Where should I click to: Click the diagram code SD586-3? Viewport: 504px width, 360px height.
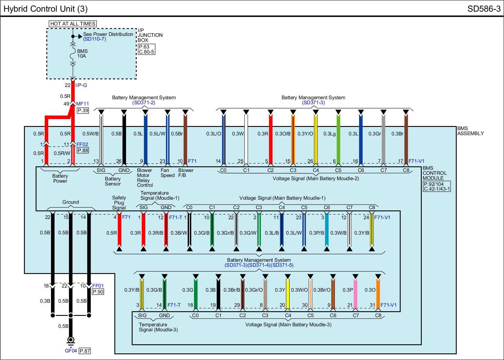(x=484, y=9)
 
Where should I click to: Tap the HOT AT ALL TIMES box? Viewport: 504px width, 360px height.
(x=73, y=24)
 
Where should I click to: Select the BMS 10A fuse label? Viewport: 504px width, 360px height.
(x=82, y=54)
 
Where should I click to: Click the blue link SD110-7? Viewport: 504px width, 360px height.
(x=94, y=39)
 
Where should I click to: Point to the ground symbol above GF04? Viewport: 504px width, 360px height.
(x=71, y=341)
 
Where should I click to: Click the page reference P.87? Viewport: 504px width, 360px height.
(x=85, y=351)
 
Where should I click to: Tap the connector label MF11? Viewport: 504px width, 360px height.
(x=83, y=104)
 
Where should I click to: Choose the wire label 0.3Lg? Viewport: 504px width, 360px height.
(x=329, y=134)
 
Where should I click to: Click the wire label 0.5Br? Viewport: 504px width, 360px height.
(x=177, y=134)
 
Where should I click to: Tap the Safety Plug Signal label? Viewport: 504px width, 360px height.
(x=119, y=203)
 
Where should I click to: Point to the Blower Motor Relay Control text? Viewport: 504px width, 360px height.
(x=144, y=178)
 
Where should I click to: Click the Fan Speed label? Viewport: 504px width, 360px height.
(x=167, y=173)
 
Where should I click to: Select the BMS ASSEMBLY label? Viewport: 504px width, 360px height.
(x=470, y=131)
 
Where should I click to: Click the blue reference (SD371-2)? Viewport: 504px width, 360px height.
(x=144, y=103)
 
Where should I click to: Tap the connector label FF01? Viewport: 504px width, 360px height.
(x=98, y=286)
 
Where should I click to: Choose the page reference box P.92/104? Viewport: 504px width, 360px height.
(x=434, y=184)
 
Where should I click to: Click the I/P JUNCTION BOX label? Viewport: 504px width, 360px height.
(x=150, y=35)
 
